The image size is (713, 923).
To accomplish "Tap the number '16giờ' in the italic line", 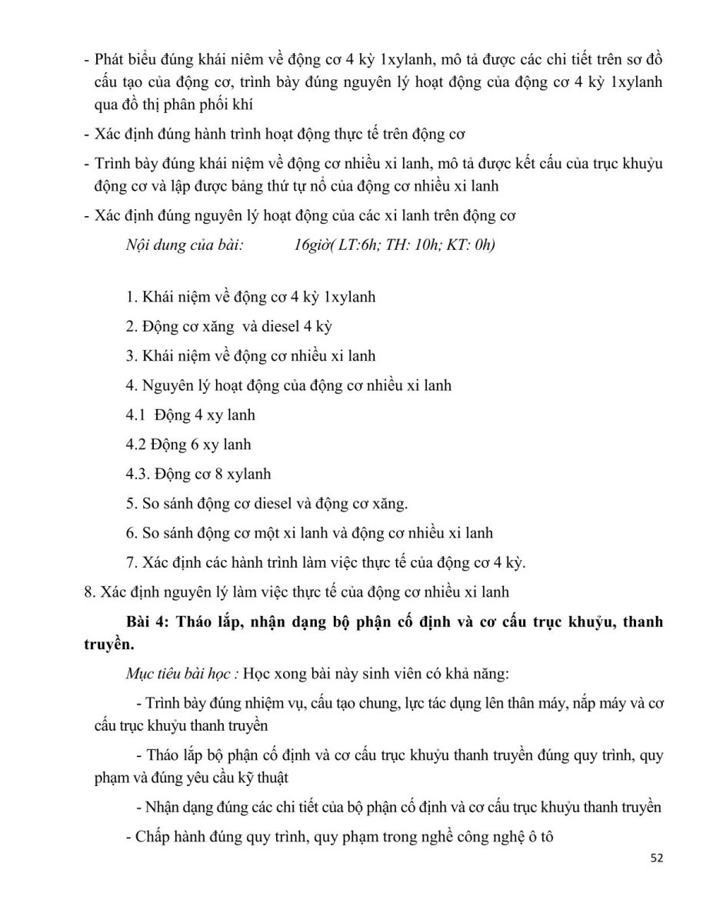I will pyautogui.click(x=312, y=246).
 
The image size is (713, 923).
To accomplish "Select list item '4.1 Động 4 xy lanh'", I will pyautogui.click(x=190, y=415).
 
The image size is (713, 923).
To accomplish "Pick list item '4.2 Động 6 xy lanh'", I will pyautogui.click(x=188, y=445).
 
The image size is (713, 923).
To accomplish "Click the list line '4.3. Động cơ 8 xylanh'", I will pyautogui.click(x=198, y=474).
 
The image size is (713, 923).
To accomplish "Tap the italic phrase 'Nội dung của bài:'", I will pyautogui.click(x=184, y=246).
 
